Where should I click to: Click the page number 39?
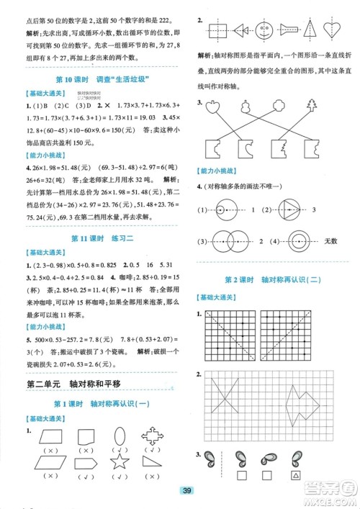(x=186, y=491)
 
